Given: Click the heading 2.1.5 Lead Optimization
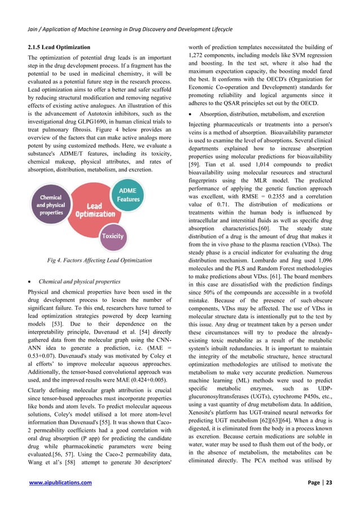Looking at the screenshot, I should (x=55, y=46).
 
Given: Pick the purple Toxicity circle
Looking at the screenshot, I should (x=112, y=236).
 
